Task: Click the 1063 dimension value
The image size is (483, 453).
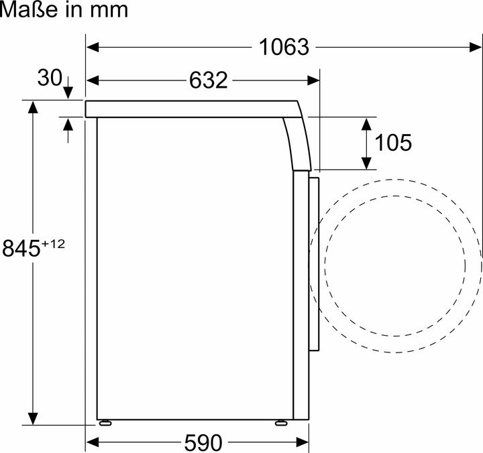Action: pos(284,47)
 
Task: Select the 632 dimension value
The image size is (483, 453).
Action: pos(208,80)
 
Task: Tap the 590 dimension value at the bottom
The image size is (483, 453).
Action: pos(200,442)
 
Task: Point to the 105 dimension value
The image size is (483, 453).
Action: pos(393,142)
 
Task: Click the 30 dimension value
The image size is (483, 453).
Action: pos(49,78)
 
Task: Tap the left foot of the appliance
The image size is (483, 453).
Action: pos(105,423)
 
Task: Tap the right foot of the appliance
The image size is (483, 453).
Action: pos(281,423)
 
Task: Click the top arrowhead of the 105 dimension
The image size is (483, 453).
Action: pos(366,123)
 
